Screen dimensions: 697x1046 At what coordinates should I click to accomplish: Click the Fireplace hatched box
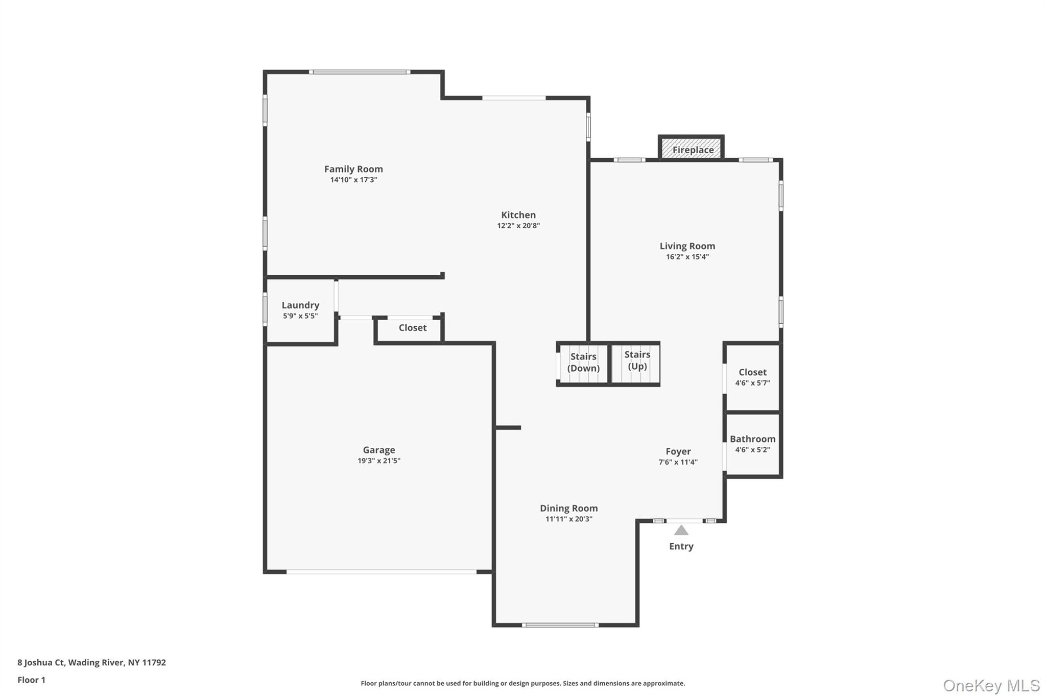[691, 149]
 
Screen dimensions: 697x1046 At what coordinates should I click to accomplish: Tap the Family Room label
[353, 169]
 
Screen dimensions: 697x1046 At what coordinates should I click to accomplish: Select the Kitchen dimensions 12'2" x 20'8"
[518, 226]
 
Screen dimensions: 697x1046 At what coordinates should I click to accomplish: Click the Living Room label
[687, 246]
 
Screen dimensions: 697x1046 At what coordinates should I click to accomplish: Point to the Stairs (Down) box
[583, 364]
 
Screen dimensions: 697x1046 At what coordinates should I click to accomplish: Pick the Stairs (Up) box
[636, 363]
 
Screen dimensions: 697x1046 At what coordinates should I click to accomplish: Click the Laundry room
[300, 310]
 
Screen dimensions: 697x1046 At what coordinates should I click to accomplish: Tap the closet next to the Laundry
[412, 329]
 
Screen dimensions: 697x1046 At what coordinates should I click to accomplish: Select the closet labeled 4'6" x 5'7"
[752, 377]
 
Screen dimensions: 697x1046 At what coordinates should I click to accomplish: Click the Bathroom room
[752, 444]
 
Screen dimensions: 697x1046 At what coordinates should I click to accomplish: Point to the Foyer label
[678, 451]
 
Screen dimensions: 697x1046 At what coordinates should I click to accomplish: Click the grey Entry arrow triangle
[681, 531]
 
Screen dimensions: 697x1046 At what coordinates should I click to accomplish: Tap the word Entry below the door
[681, 546]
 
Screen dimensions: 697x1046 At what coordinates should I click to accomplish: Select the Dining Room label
[568, 508]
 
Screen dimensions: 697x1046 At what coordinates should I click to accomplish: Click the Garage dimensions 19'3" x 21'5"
[378, 461]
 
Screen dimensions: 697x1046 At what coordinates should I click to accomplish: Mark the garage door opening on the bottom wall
[381, 572]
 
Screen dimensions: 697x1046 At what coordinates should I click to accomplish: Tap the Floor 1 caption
[31, 680]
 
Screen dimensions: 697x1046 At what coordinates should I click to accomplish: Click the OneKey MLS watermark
[991, 685]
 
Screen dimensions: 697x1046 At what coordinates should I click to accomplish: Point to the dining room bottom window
[560, 625]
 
